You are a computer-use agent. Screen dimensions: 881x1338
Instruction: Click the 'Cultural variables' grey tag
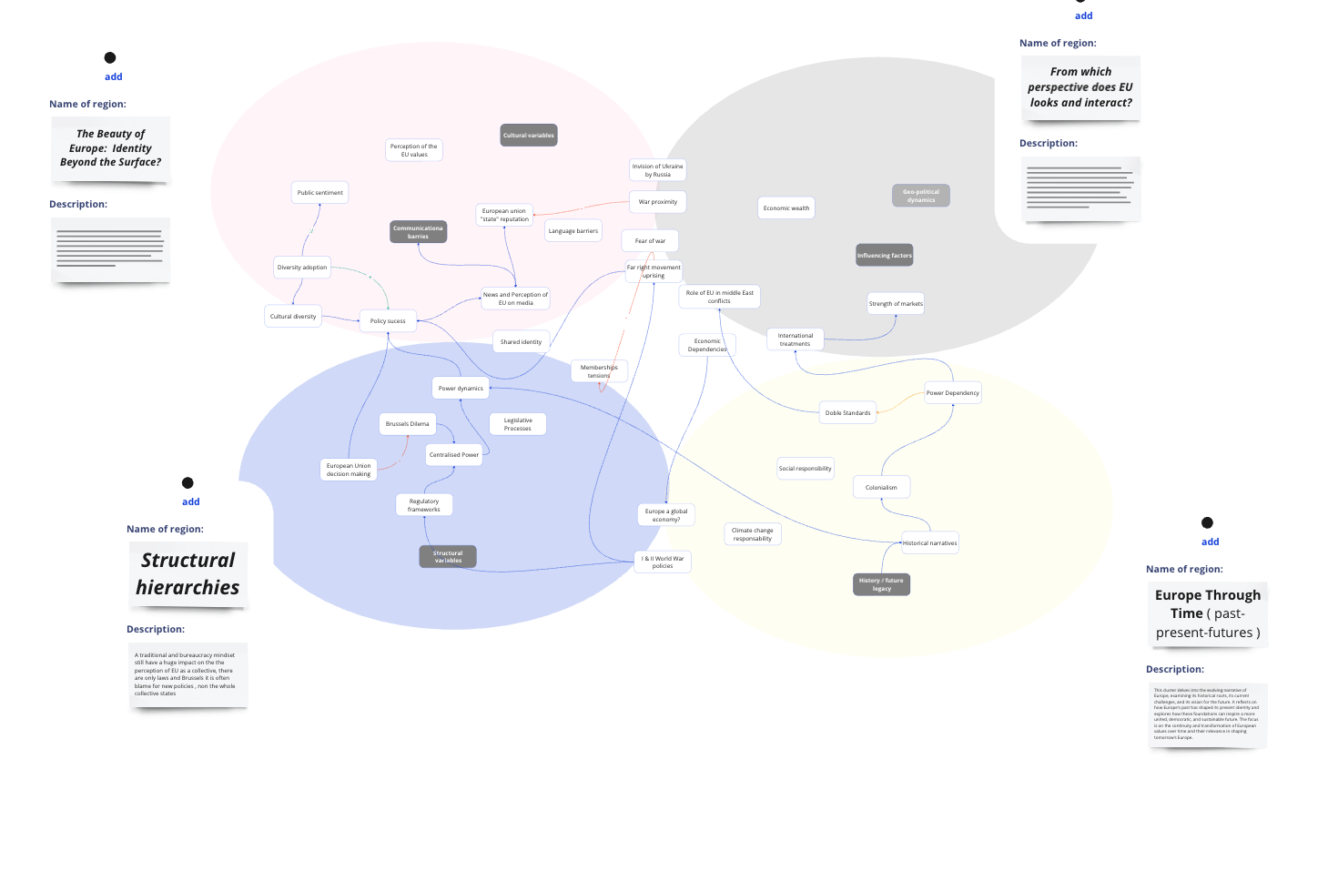[529, 136]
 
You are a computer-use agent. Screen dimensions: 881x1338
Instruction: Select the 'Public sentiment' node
[320, 193]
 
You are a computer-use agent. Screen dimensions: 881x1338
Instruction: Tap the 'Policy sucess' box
[388, 321]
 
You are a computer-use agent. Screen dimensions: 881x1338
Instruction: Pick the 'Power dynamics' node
[461, 389]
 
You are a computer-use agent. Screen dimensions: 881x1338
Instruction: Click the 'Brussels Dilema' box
[407, 424]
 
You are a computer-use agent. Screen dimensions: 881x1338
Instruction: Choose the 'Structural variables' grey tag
[448, 557]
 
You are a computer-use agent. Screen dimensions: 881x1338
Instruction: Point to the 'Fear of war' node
[650, 241]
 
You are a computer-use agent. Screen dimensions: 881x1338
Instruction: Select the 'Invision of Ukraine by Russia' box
[657, 170]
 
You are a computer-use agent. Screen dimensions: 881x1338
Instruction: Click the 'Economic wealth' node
[786, 208]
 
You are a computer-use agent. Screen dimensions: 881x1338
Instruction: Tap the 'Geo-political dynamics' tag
[921, 196]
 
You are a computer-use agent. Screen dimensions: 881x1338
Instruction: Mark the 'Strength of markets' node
[896, 304]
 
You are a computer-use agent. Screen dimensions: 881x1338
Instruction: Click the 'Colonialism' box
[881, 488]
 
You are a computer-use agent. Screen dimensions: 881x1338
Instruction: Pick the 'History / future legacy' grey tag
[881, 584]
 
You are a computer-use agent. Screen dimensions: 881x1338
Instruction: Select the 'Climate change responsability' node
[752, 534]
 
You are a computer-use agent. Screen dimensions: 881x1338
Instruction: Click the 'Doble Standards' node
[847, 413]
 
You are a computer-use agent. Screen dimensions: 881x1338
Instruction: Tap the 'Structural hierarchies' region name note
[188, 574]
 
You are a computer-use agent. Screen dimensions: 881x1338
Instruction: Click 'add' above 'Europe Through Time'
[1210, 542]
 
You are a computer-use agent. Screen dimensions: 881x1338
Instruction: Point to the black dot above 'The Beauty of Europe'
[110, 57]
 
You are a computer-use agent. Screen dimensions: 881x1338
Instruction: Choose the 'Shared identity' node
[521, 342]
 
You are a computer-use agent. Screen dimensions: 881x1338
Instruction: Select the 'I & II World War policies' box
[663, 562]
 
